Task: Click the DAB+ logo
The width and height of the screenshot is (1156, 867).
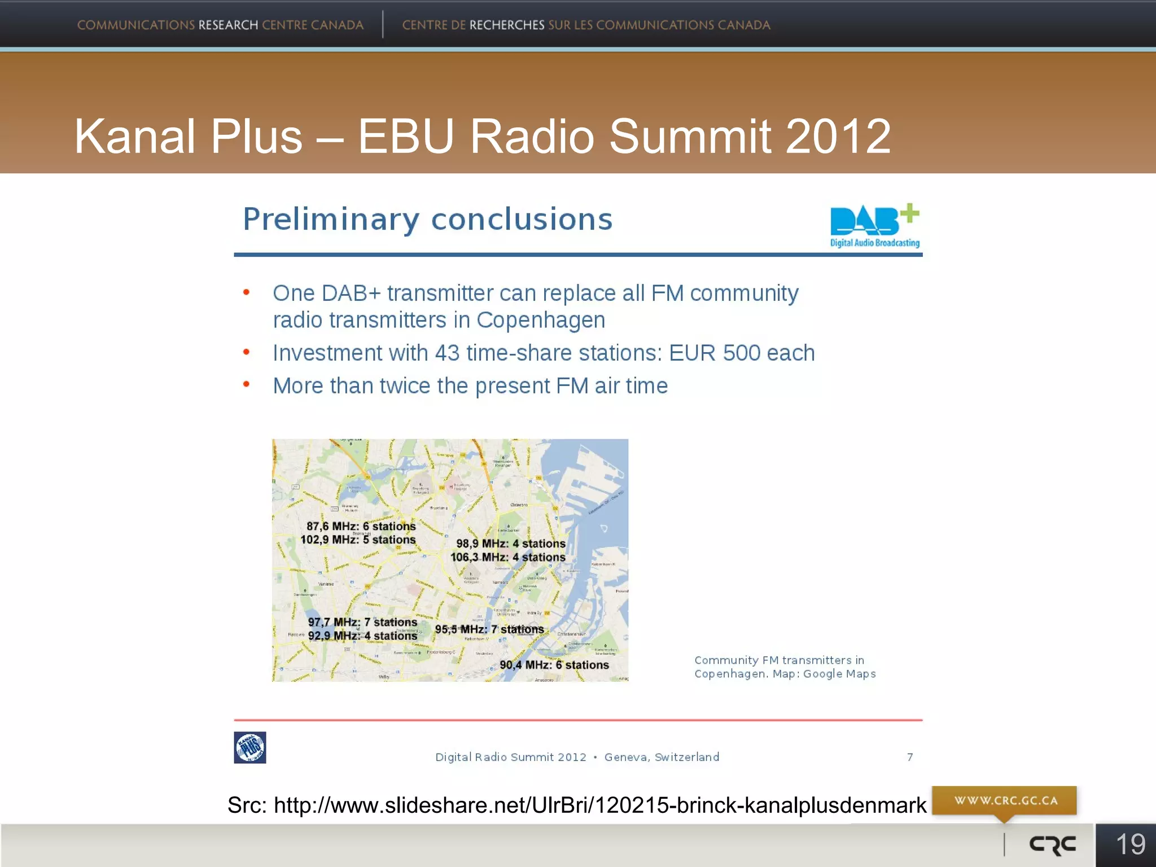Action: (x=874, y=225)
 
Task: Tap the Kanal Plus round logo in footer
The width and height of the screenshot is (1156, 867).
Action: (x=250, y=747)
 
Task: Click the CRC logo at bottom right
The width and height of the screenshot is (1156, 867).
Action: (x=1053, y=844)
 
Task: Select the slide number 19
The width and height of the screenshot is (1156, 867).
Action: (x=1131, y=844)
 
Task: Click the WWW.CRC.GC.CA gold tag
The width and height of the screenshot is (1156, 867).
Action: (x=1005, y=800)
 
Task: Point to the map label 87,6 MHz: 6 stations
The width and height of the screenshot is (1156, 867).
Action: (x=361, y=526)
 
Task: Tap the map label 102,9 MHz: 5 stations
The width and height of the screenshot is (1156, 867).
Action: (x=358, y=540)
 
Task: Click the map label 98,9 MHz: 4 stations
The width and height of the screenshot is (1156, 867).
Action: (x=511, y=544)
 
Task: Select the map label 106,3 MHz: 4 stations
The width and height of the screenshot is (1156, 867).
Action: (x=508, y=557)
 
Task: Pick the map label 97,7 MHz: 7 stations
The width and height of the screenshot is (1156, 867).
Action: (x=362, y=622)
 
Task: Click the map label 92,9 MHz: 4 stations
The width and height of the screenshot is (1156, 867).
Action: (x=362, y=636)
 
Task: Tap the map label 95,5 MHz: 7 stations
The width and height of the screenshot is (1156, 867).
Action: (x=489, y=629)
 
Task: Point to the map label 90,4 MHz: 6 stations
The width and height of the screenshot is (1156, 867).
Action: (x=554, y=665)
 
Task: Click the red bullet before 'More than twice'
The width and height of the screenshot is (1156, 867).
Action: (x=246, y=385)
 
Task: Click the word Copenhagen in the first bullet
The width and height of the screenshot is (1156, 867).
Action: (x=541, y=320)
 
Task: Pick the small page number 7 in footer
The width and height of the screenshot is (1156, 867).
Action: (x=910, y=757)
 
